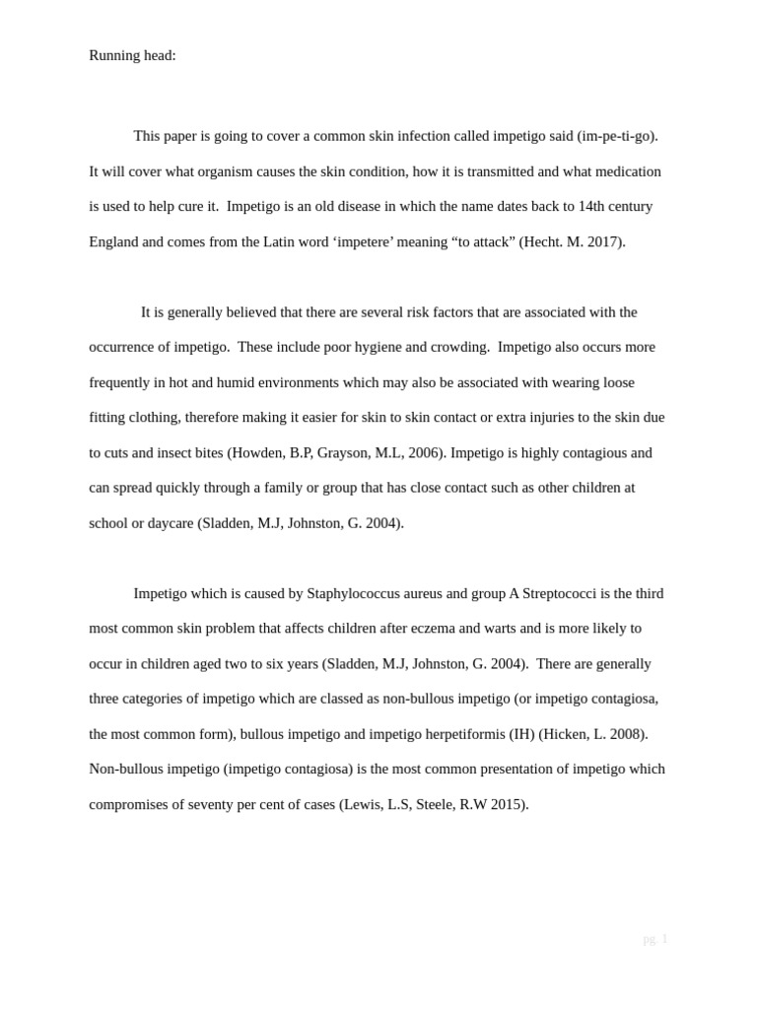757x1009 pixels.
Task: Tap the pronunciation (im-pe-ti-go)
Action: tap(617, 136)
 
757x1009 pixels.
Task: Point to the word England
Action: tap(113, 241)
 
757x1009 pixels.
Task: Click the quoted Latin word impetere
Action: tap(363, 241)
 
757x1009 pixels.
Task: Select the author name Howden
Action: tap(258, 453)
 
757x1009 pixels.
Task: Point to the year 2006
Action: tap(425, 453)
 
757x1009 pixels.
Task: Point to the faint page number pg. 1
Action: tap(655, 939)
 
